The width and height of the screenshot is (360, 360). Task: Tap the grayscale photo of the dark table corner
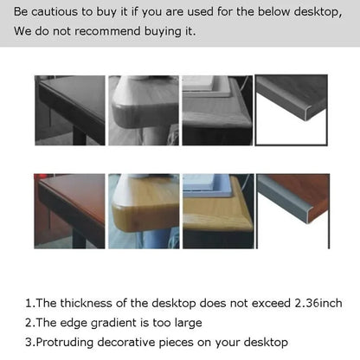point(69,110)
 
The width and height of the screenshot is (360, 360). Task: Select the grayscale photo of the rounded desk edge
point(143,110)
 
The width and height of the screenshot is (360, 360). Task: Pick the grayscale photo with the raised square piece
point(217,110)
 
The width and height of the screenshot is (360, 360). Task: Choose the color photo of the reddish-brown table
point(69,210)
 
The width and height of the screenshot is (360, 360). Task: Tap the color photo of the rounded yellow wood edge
point(143,210)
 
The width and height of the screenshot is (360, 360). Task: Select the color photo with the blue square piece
point(217,210)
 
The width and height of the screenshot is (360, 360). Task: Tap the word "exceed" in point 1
point(247,303)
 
